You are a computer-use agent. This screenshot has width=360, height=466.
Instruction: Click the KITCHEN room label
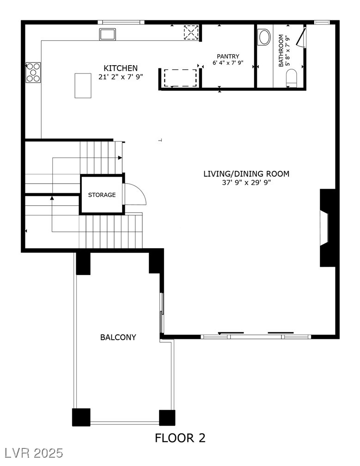[120, 68]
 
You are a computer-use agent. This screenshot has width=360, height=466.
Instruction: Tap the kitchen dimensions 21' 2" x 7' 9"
[120, 77]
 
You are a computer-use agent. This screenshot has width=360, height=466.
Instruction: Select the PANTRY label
[228, 56]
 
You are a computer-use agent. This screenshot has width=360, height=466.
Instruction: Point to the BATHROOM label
[281, 51]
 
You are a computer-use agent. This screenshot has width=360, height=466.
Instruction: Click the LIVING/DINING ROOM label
[246, 174]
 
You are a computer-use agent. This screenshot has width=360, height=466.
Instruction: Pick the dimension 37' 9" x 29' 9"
[246, 183]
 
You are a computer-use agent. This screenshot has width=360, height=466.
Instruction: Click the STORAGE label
[102, 195]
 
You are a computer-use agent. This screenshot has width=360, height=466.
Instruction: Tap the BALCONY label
[118, 337]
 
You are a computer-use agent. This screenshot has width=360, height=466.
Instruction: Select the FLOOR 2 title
[180, 438]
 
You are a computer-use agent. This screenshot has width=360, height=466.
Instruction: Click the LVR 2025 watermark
[33, 453]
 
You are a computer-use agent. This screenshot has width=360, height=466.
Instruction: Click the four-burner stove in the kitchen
[33, 73]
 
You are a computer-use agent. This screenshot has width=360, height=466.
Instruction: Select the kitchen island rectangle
[83, 86]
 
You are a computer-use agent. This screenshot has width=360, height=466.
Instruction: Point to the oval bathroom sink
[264, 37]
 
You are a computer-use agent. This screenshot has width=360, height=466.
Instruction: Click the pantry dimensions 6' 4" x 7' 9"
[228, 62]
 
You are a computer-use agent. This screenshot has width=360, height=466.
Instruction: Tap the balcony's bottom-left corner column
[81, 417]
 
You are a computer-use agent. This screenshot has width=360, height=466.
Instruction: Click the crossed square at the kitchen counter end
[190, 32]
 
